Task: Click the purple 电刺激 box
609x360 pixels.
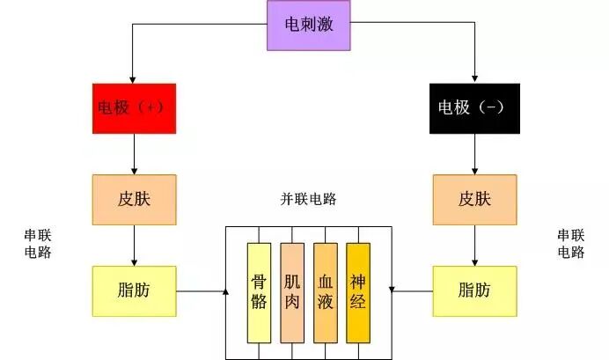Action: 310,25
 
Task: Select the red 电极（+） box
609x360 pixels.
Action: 134,108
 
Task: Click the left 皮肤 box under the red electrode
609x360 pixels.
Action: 134,199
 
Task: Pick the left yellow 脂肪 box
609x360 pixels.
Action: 134,290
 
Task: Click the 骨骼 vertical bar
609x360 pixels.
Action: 259,292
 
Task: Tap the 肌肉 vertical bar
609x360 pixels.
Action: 292,292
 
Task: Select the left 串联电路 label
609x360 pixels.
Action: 38,244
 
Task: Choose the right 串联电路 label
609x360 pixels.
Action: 571,244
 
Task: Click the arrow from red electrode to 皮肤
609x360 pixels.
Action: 134,154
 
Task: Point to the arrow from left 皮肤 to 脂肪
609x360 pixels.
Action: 134,245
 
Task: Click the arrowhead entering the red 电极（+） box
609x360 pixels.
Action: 133,79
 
